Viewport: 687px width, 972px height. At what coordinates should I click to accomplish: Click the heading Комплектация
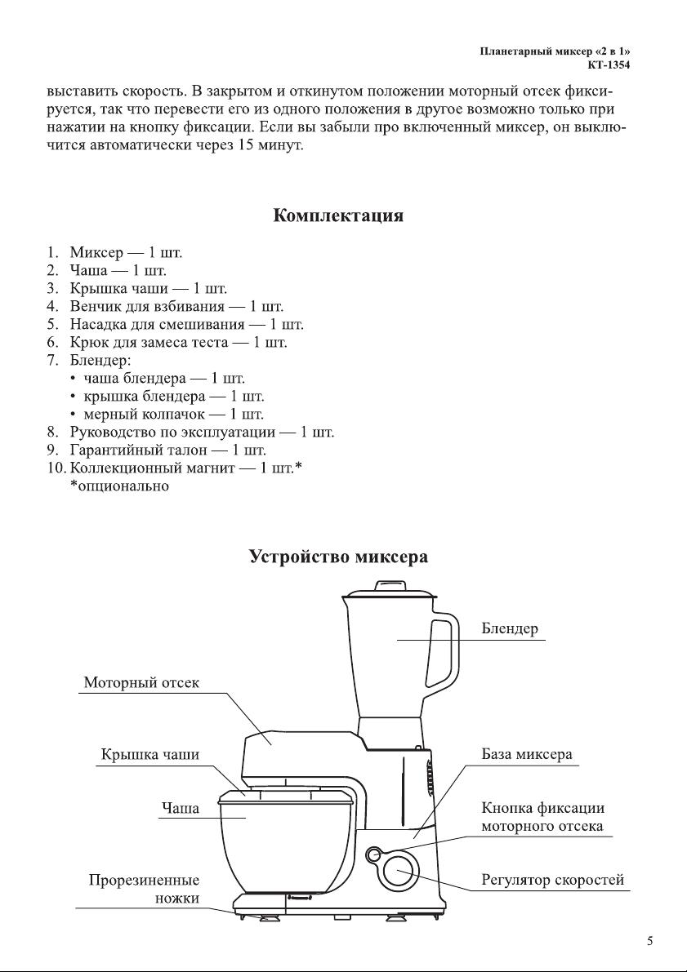pos(338,215)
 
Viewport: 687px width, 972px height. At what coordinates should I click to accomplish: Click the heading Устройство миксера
pos(338,556)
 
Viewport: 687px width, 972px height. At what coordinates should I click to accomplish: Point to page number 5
pos(649,941)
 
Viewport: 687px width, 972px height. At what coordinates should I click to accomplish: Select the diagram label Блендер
pos(510,628)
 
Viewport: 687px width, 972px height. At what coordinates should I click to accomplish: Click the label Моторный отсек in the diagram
pos(141,682)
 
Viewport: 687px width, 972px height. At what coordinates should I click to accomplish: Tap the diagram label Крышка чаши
pos(150,754)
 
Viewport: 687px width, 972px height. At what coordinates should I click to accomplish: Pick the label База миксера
pos(527,754)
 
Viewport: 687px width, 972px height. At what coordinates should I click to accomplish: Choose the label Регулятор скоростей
pos(553,880)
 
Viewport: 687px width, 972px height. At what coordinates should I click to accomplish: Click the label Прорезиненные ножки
pos(144,888)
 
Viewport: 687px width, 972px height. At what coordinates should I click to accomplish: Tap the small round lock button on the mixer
pos(373,855)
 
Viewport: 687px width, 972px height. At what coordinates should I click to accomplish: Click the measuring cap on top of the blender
pos(389,586)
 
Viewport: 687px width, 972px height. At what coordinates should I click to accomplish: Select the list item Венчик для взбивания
pos(176,306)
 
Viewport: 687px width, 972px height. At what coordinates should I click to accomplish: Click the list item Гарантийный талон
pos(167,450)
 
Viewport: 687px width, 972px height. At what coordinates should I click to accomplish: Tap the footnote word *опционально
pos(119,486)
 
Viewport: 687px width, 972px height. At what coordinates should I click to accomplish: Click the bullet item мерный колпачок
pos(173,414)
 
